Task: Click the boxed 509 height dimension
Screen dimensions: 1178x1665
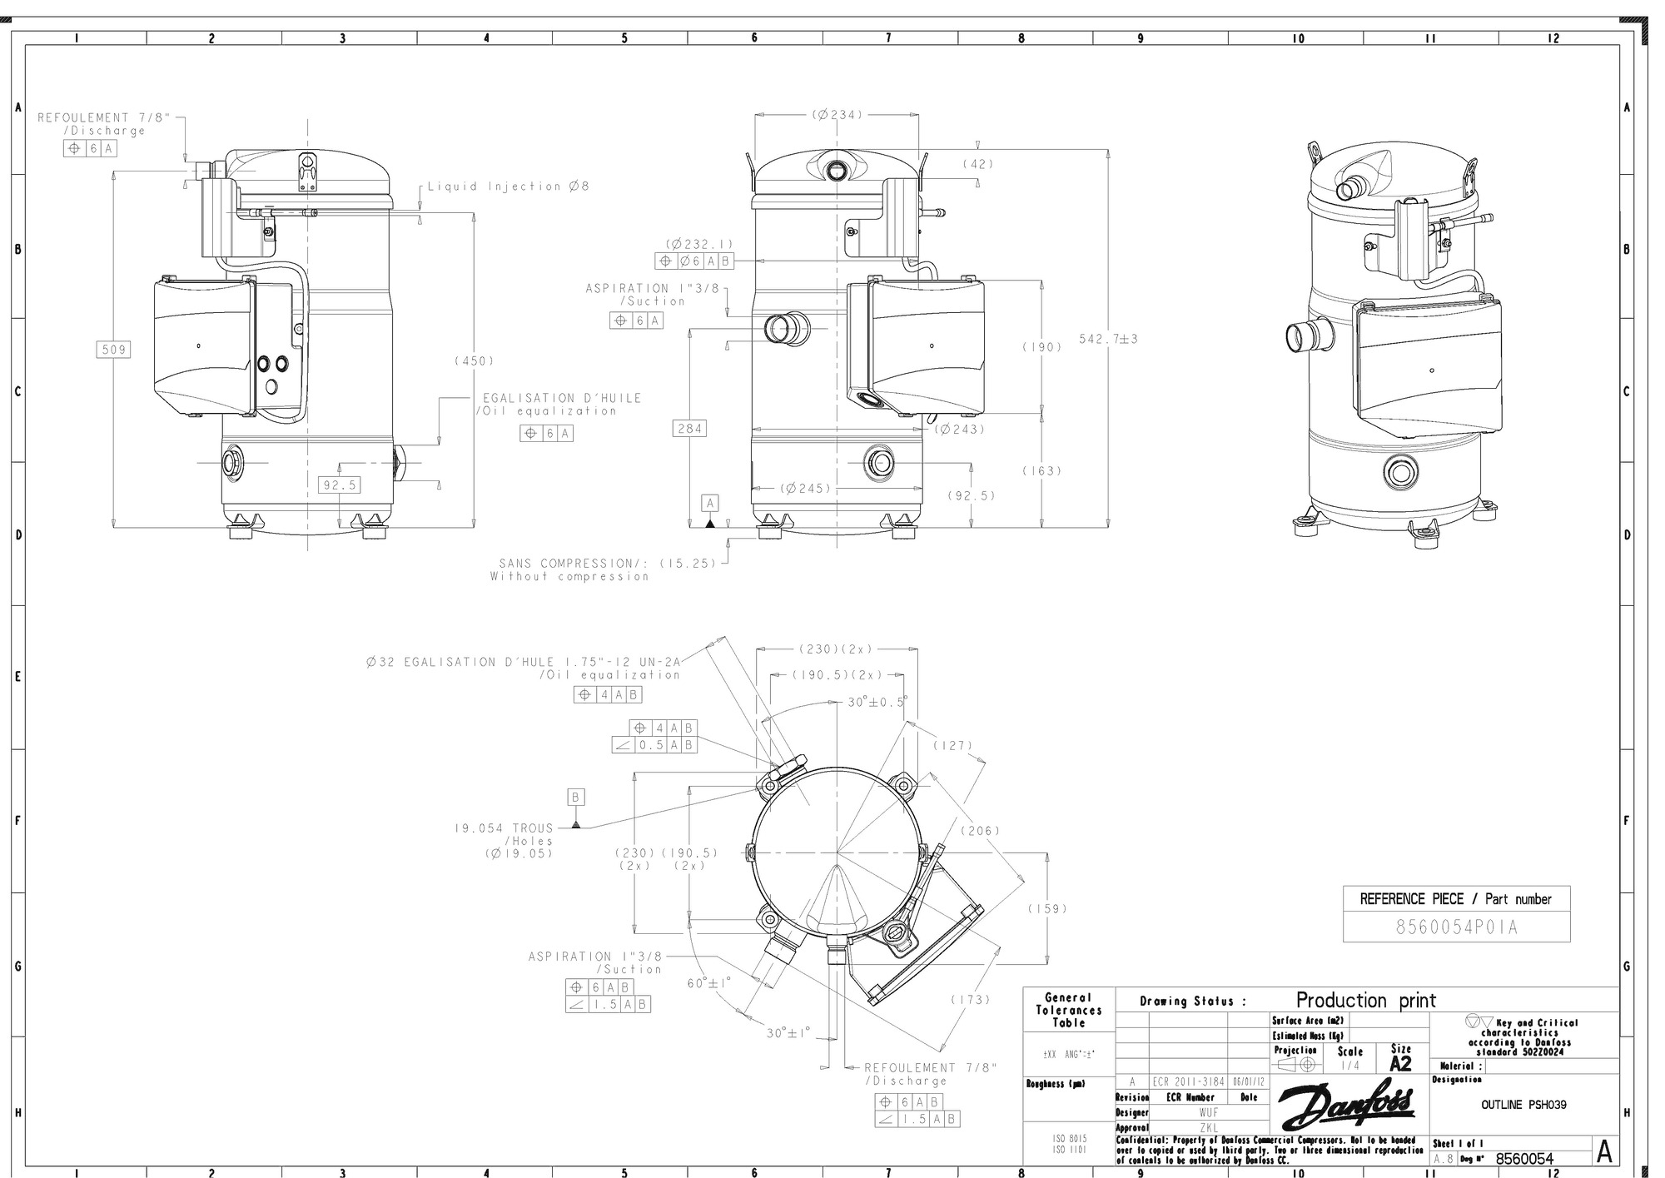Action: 113,350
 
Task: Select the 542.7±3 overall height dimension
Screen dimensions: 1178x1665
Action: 1108,339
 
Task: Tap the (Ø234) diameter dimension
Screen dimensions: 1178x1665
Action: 837,115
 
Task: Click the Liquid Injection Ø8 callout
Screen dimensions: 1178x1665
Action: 508,186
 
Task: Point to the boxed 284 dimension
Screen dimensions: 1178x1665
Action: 689,428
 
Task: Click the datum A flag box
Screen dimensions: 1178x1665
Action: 710,503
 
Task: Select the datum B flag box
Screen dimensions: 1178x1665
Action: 576,797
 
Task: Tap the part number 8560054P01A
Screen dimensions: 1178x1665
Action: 1456,927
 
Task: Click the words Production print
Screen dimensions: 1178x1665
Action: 1365,1000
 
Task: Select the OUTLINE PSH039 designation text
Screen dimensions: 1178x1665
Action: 1523,1105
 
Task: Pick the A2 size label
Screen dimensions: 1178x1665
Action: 1401,1063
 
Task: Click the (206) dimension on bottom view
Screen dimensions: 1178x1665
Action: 980,830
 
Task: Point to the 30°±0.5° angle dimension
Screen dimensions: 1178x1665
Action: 877,702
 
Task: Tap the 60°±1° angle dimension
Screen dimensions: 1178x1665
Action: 708,982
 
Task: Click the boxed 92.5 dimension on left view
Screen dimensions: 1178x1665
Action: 340,485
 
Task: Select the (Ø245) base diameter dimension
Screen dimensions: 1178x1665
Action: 806,488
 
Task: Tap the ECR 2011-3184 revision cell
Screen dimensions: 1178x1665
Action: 1188,1081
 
